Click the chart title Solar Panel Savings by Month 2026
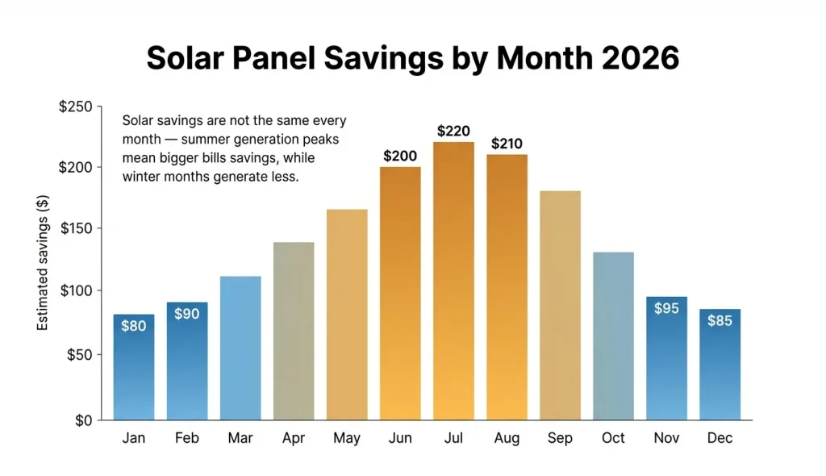tap(413, 59)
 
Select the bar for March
tap(240, 348)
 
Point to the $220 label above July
tap(453, 131)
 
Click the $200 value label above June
tap(400, 156)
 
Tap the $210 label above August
tap(507, 144)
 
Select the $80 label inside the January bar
tap(134, 327)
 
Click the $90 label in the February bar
tap(187, 314)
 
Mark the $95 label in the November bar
tap(666, 308)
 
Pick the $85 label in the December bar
tap(720, 320)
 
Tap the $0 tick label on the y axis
tap(83, 420)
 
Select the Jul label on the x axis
tap(453, 439)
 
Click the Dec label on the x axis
tap(720, 439)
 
